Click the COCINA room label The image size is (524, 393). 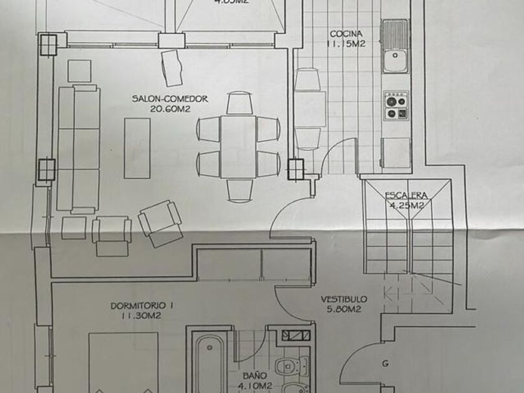346,34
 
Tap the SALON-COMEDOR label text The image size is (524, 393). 170,99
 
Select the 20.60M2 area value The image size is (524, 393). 170,109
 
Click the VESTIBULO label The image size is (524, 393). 344,299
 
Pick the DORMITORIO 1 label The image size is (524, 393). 142,306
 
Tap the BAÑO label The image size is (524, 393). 256,376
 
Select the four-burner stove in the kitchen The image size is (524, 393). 395,105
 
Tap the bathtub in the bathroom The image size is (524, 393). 209,365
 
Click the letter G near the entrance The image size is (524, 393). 386,363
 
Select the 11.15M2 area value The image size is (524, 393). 346,44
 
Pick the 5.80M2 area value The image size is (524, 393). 344,309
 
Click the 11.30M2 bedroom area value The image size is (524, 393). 142,316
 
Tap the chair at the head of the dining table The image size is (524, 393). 240,102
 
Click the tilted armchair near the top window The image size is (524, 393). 172,67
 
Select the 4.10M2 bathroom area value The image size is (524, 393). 256,386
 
